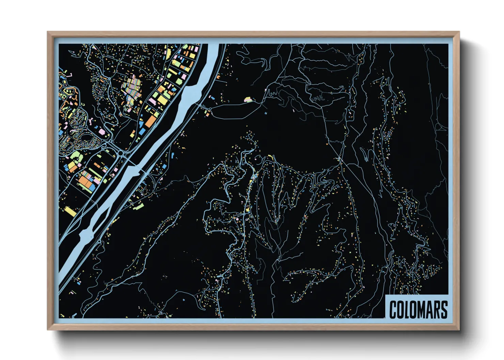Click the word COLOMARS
(x=418, y=309)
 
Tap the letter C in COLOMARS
(x=393, y=310)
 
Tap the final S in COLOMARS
(x=445, y=310)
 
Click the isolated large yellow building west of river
(x=70, y=211)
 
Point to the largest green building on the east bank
(x=139, y=206)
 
